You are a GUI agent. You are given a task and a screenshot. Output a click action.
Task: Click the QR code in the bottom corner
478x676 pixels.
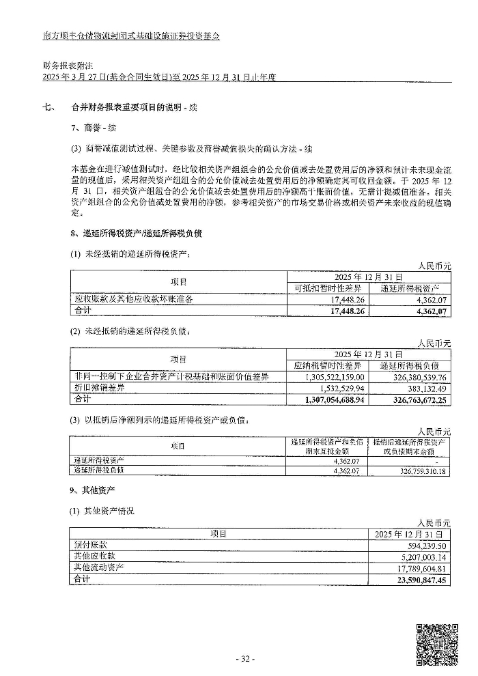tap(437, 643)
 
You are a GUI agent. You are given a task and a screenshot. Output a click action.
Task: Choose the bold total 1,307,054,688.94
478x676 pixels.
tap(328, 399)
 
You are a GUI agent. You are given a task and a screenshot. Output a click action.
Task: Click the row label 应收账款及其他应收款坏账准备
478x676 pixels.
tap(134, 299)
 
